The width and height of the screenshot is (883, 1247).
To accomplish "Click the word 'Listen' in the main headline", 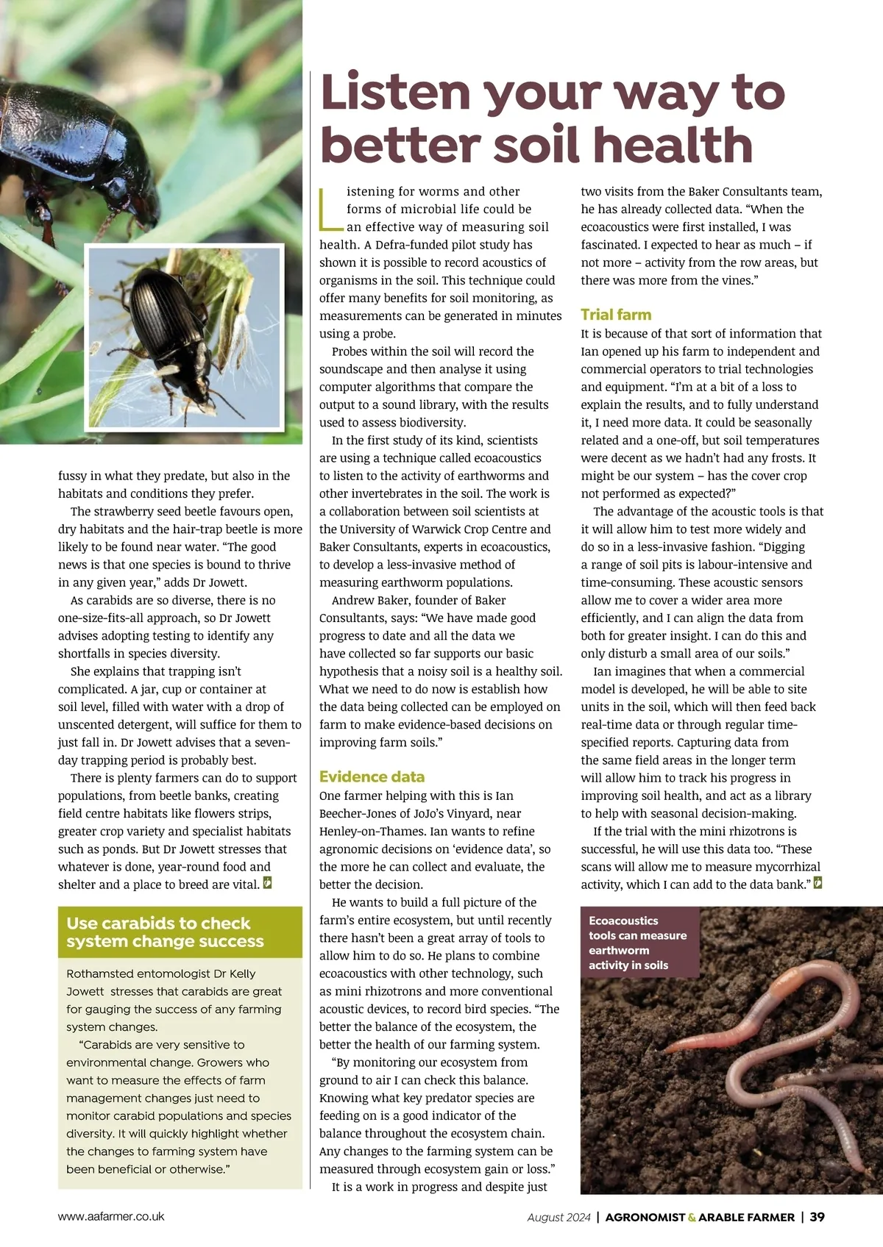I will point(396,93).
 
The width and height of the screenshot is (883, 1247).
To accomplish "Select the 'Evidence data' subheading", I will point(372,776).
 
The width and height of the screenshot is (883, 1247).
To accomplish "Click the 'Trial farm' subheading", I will point(616,315).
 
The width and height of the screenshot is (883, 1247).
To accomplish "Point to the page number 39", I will point(817,1217).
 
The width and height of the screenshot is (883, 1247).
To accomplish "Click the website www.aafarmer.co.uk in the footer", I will point(111,1216).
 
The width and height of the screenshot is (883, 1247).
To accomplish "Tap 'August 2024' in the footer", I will point(558,1218).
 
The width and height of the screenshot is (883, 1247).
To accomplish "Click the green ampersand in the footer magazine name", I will point(692,1218).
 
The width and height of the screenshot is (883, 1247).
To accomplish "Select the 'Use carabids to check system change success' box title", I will point(165,932).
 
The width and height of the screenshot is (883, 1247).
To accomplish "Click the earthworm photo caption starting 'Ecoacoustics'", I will point(637,943).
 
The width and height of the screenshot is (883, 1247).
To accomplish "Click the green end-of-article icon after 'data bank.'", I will point(818,883).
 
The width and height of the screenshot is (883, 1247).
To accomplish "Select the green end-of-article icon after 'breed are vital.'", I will point(268,883).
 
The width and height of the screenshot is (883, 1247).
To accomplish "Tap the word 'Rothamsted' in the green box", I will point(101,973).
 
